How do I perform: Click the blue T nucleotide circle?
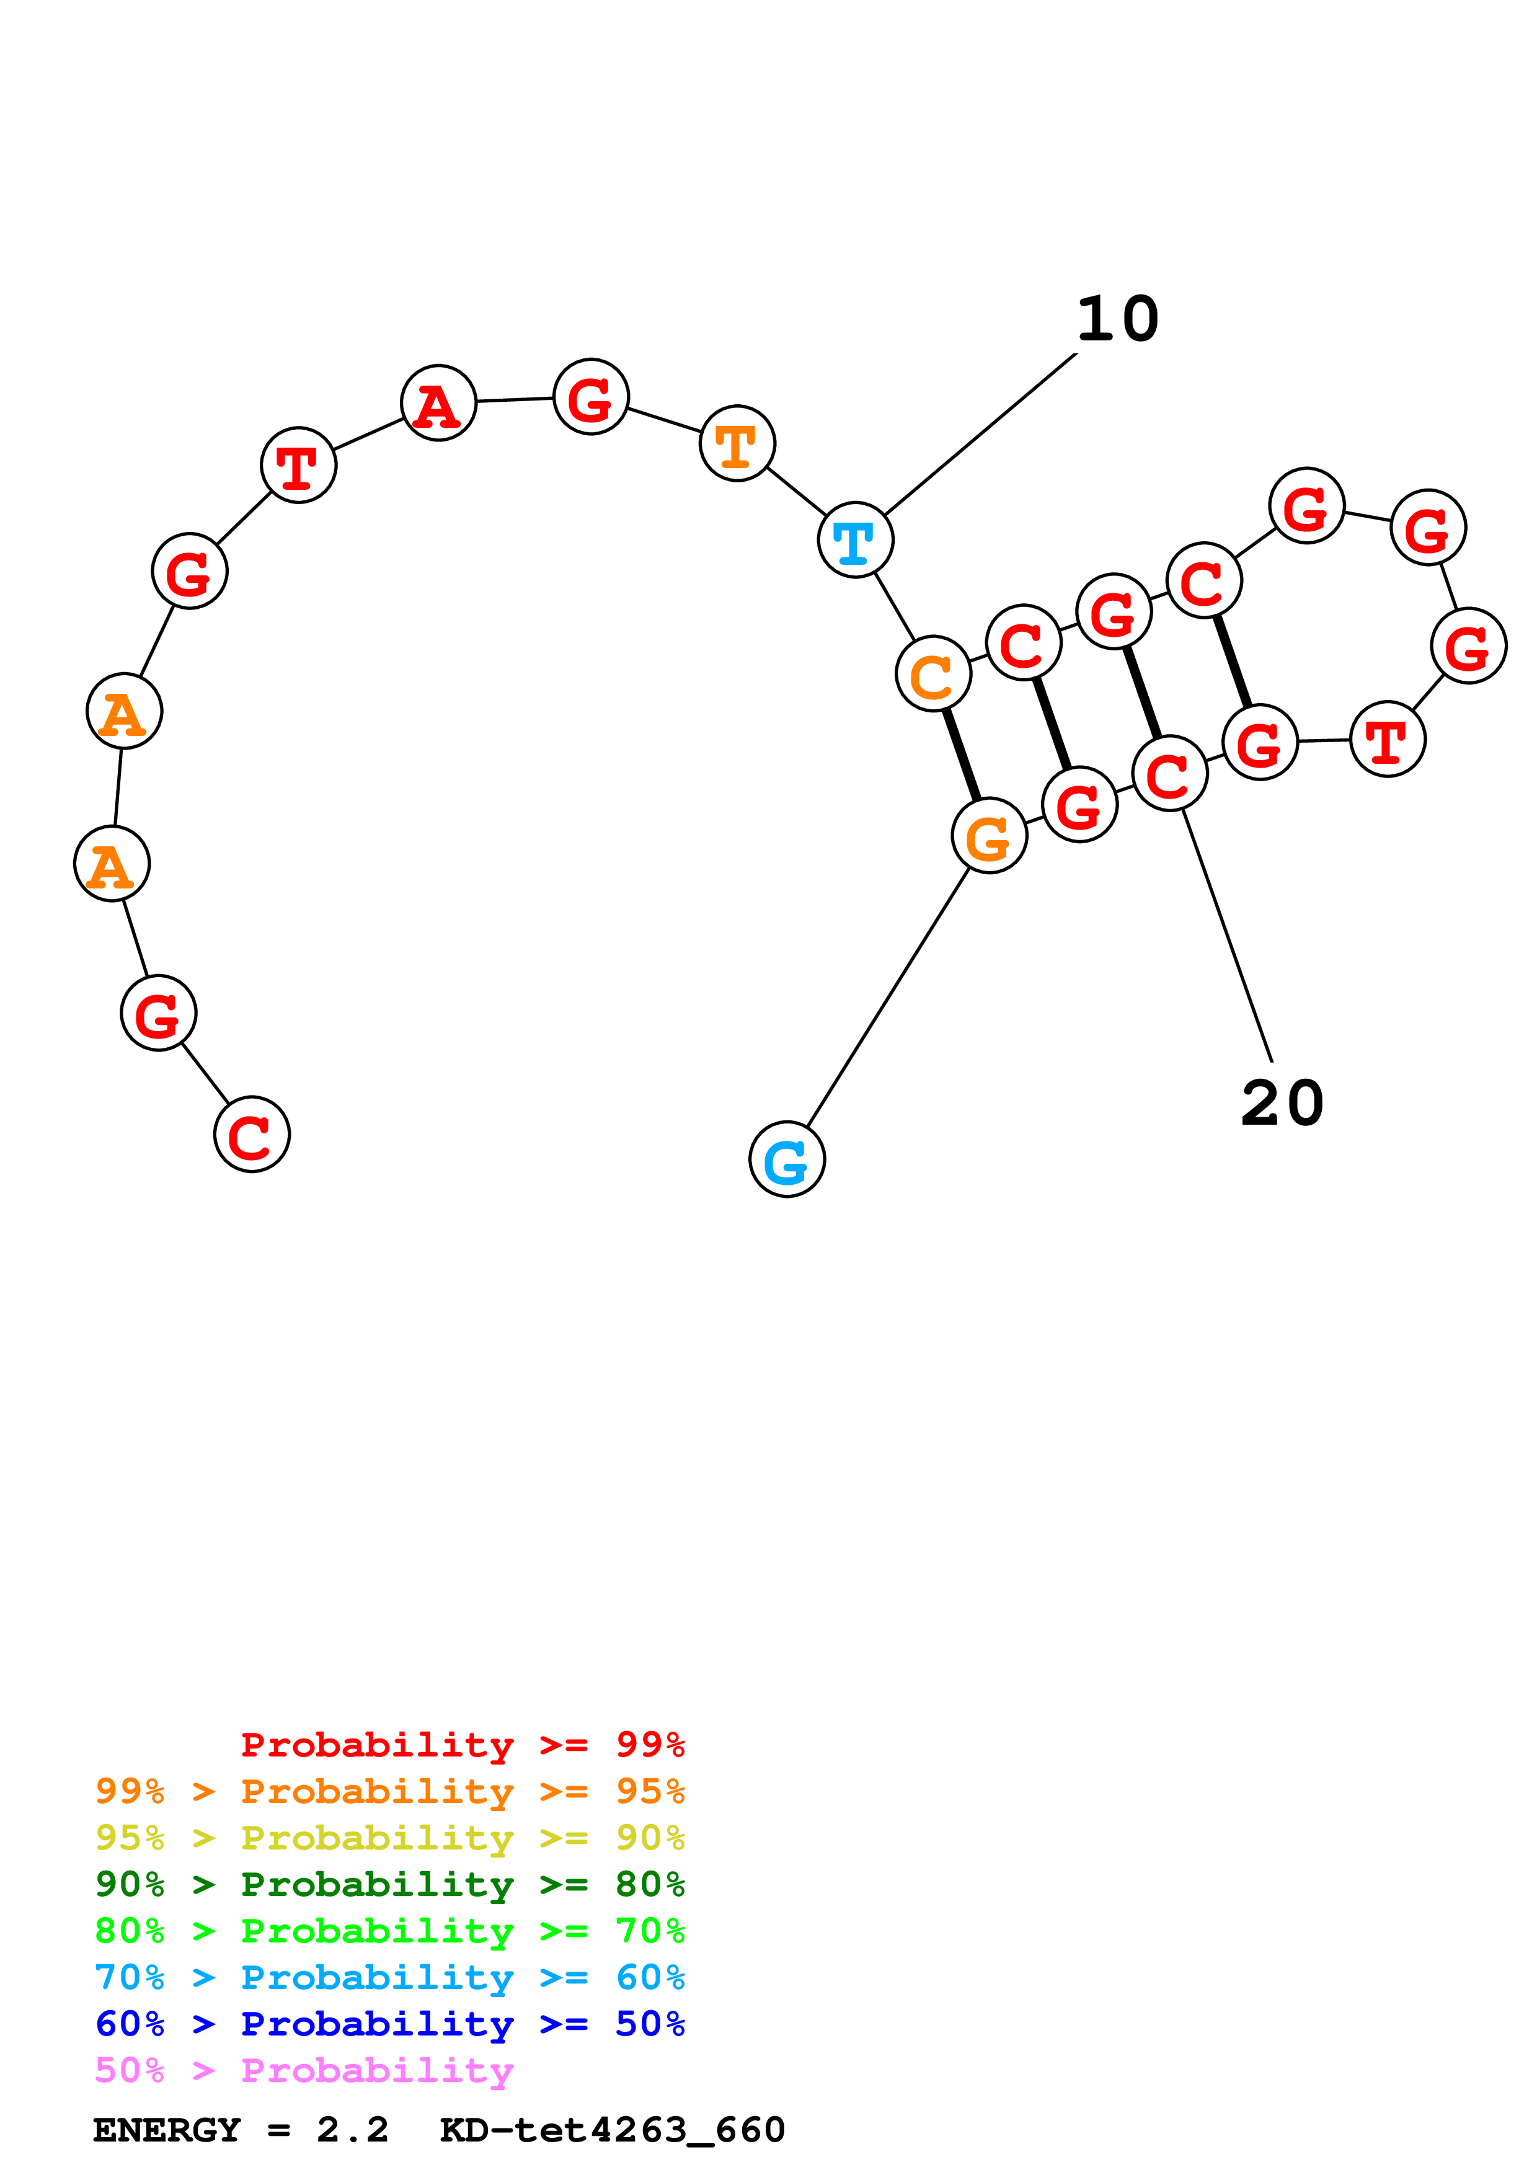pyautogui.click(x=855, y=540)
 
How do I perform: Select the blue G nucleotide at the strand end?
pyautogui.click(x=787, y=1159)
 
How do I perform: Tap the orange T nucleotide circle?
pyautogui.click(x=737, y=443)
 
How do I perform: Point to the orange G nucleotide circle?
pyautogui.click(x=990, y=836)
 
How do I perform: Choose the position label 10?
pyautogui.click(x=1117, y=319)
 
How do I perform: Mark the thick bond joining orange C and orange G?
pyautogui.click(x=961, y=755)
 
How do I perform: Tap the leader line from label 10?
pyautogui.click(x=980, y=434)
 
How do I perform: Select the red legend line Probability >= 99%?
pyautogui.click(x=462, y=1745)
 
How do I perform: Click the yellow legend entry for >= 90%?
pyautogui.click(x=389, y=1838)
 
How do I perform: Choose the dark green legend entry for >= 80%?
pyautogui.click(x=389, y=1884)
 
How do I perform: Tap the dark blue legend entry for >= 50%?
pyautogui.click(x=389, y=2024)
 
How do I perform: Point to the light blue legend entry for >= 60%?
pyautogui.click(x=389, y=1977)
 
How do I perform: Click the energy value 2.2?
pyautogui.click(x=352, y=2130)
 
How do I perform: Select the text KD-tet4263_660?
pyautogui.click(x=612, y=2130)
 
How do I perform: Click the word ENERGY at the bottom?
pyautogui.click(x=167, y=2130)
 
